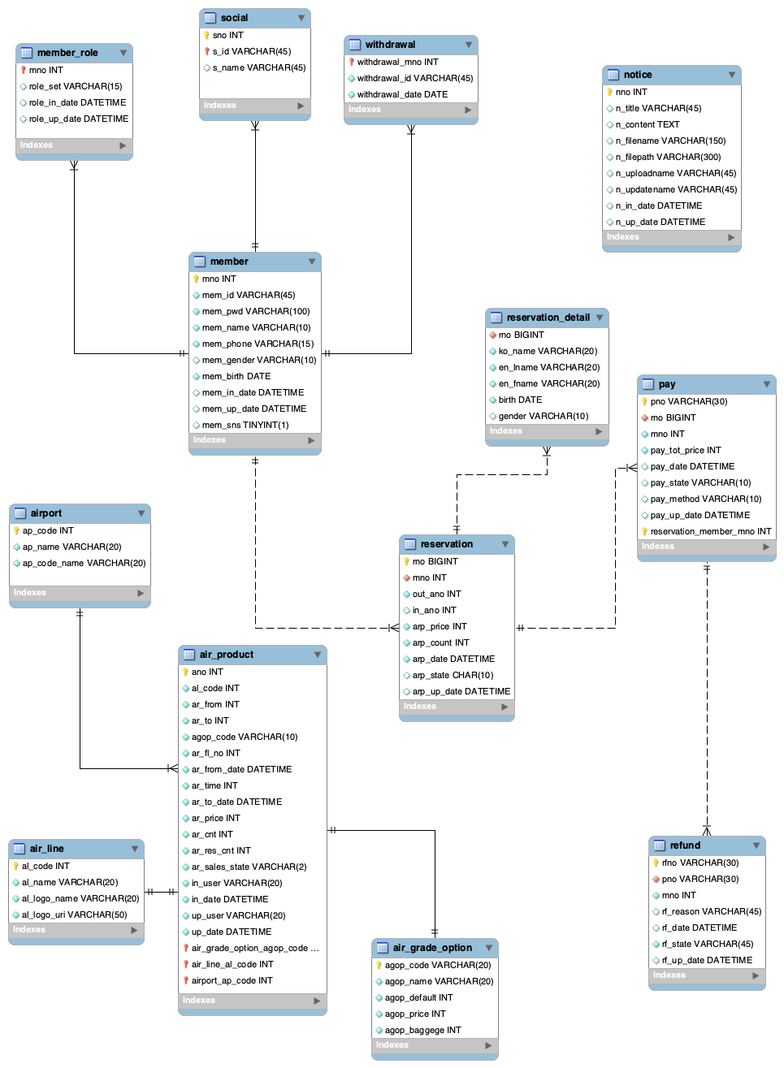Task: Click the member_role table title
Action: coord(67,53)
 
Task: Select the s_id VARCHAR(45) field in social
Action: coord(251,51)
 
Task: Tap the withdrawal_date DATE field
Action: coord(402,94)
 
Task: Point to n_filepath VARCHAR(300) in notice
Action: coord(668,157)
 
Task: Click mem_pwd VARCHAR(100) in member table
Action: coord(256,311)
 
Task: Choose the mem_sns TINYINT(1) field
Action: coord(245,425)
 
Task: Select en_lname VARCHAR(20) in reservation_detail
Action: coord(549,367)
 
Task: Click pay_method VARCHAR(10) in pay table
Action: coord(705,499)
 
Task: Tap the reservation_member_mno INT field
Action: coord(710,531)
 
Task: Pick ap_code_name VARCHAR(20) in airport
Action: coord(84,563)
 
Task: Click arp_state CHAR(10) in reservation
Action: coord(453,675)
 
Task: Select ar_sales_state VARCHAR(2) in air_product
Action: coord(249,867)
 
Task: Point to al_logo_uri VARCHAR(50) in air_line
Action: coord(74,915)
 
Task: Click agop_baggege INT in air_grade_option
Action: coord(422,1030)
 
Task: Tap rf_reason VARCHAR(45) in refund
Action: coord(711,911)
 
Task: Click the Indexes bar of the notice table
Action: coord(671,237)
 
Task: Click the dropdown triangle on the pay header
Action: coord(767,384)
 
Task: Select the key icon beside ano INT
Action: coord(185,672)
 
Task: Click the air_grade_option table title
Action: coord(432,948)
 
